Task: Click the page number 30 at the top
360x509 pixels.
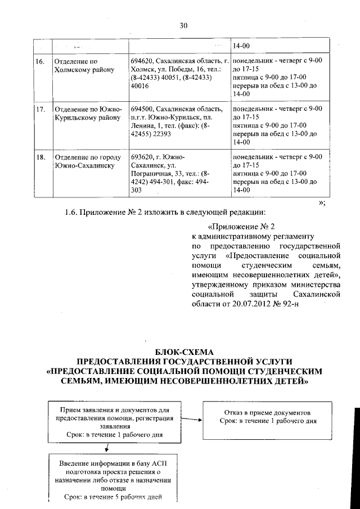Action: [x=183, y=25]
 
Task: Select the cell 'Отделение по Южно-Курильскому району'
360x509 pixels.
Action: [x=87, y=113]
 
